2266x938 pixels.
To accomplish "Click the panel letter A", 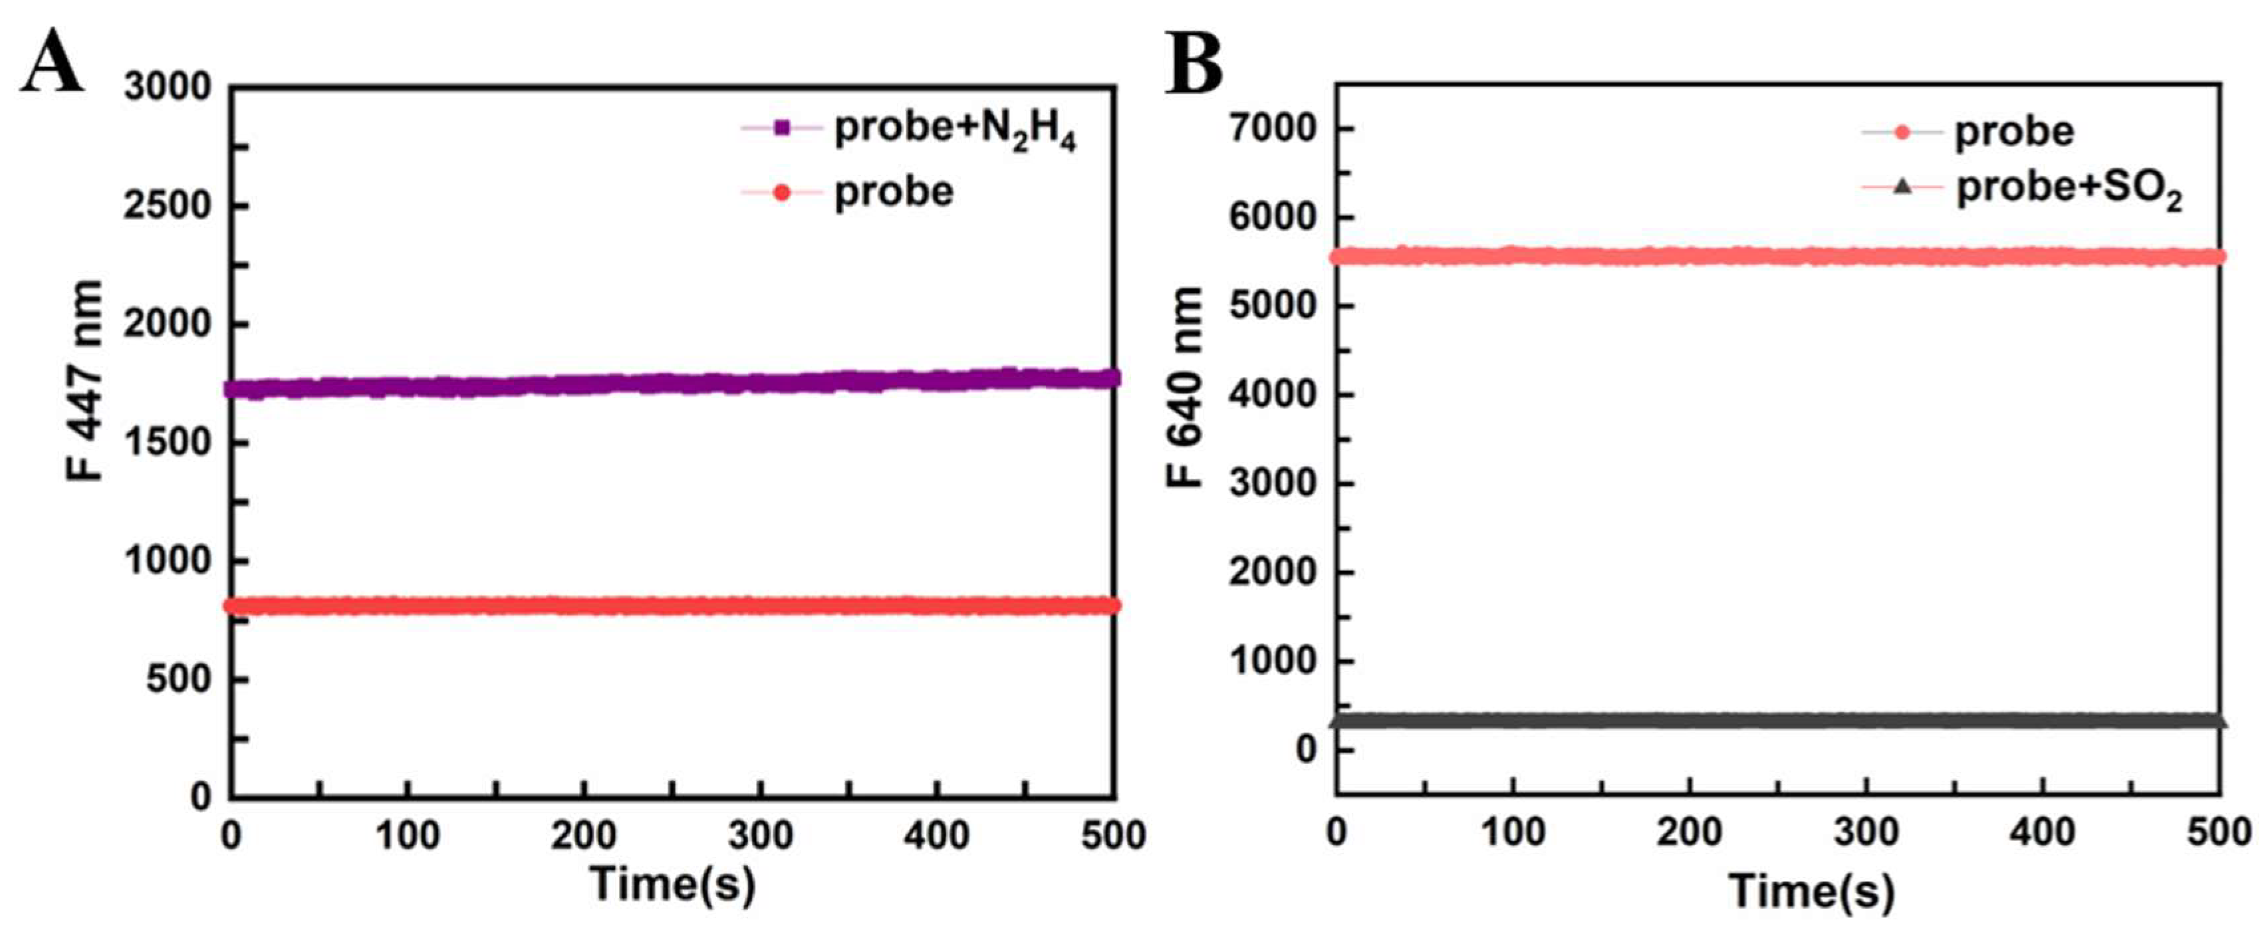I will coord(53,62).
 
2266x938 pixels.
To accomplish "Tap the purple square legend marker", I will coord(781,128).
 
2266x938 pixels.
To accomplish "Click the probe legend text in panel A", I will coord(894,191).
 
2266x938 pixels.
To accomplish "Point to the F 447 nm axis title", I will coord(85,381).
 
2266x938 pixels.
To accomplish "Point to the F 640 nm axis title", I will coord(1185,387).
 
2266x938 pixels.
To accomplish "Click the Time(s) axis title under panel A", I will coord(673,883).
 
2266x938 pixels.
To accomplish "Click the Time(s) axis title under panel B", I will coord(1812,891).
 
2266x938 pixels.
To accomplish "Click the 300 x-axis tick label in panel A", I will coord(761,834).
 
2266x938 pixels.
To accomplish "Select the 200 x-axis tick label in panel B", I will coord(1689,831).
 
